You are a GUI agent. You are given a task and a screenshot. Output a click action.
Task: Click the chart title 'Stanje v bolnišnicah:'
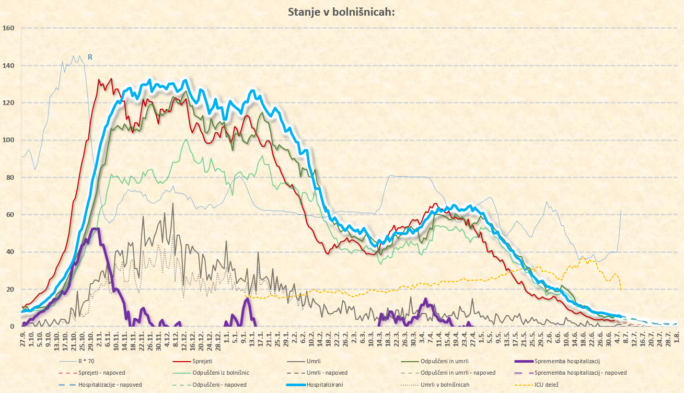tap(341, 12)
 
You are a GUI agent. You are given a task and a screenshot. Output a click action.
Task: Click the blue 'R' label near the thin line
tap(90, 56)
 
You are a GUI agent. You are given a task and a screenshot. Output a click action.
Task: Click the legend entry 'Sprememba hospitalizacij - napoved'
tap(581, 373)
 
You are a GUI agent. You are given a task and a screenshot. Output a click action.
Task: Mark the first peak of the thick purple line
tap(95, 229)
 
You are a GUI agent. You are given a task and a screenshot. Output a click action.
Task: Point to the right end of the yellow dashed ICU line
tap(621, 289)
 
